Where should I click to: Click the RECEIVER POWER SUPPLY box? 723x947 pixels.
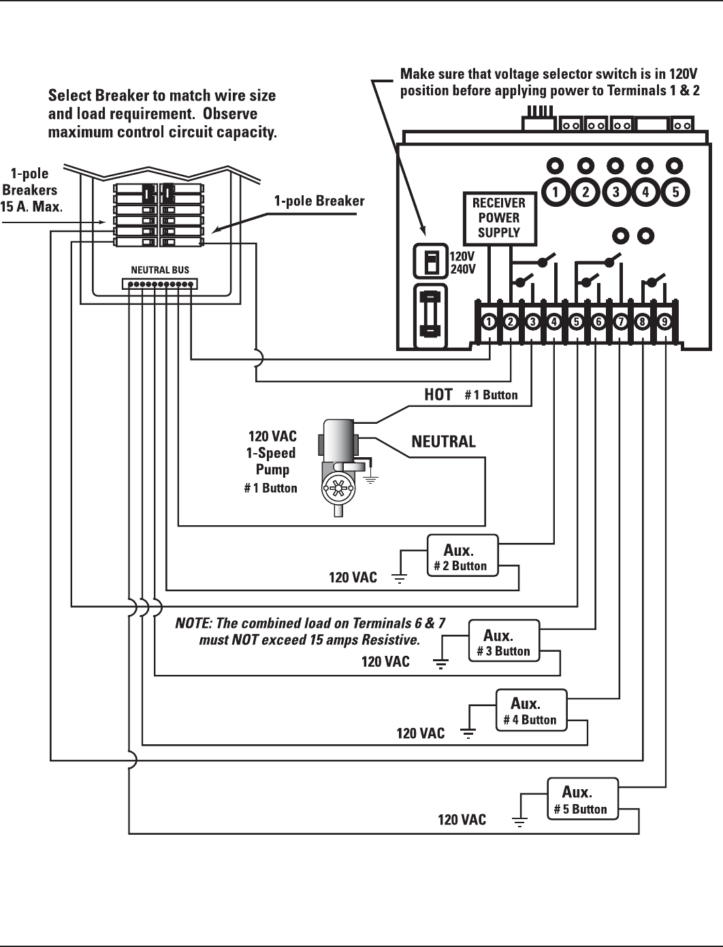click(x=498, y=218)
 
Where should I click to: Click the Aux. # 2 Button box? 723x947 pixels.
click(x=462, y=556)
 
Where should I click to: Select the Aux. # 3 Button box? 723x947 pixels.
click(x=504, y=641)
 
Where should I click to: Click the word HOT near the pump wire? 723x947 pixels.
click(x=438, y=395)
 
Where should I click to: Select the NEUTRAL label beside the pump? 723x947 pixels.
click(x=443, y=442)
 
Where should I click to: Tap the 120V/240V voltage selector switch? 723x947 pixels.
click(x=430, y=261)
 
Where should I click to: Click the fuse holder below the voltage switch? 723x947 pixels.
click(x=430, y=315)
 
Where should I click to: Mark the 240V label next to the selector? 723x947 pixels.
click(x=463, y=269)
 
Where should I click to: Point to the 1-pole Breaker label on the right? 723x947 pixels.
click(x=319, y=201)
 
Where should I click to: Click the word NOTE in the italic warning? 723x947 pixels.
click(x=193, y=623)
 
